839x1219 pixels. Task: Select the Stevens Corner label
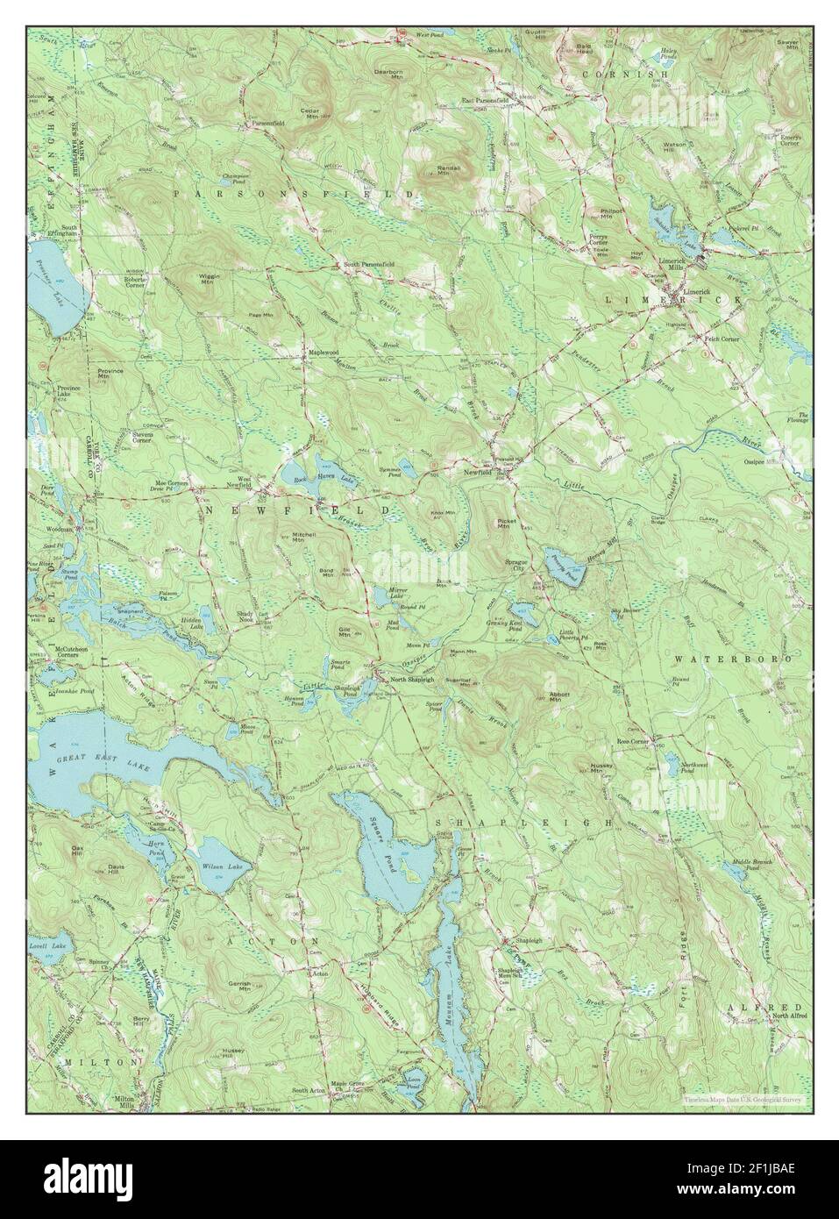[x=142, y=436]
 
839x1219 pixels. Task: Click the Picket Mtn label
[x=502, y=524]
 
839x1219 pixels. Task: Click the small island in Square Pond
[x=407, y=873]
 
